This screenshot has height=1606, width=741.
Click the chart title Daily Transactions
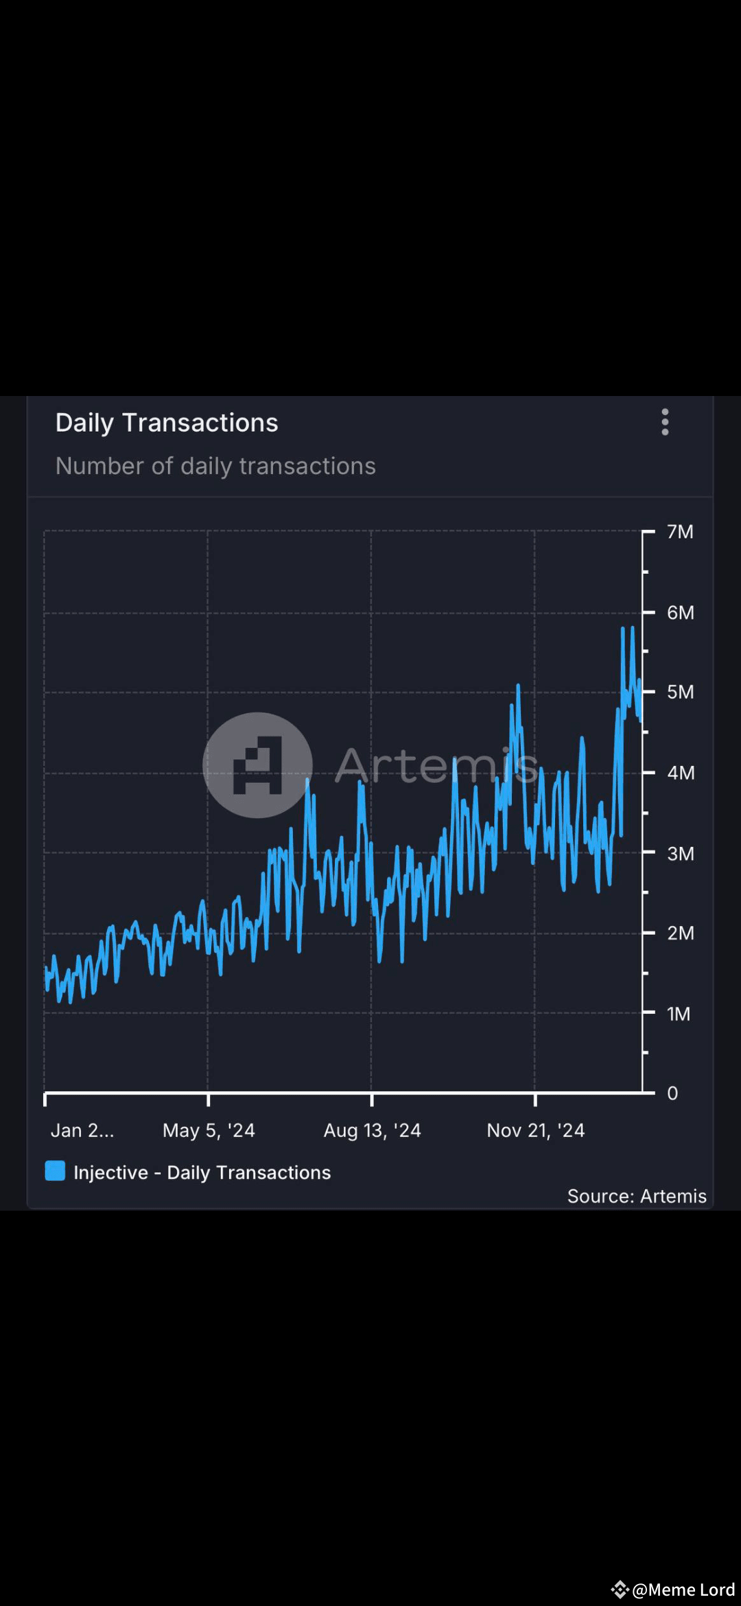click(x=167, y=423)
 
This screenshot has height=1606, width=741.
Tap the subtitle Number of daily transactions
click(x=215, y=466)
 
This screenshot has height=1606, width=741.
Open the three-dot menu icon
click(x=665, y=422)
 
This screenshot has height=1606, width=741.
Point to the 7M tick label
click(x=680, y=532)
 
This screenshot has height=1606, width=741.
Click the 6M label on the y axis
click(x=680, y=612)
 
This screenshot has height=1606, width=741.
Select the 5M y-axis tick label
click(x=680, y=692)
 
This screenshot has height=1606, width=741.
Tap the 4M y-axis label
click(x=680, y=773)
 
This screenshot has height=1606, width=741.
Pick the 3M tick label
click(x=680, y=853)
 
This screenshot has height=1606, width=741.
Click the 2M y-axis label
click(x=680, y=933)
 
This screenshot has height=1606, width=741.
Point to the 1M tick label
click(x=679, y=1014)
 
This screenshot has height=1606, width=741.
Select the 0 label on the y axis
click(x=672, y=1093)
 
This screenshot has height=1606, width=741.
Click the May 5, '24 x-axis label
click(x=209, y=1130)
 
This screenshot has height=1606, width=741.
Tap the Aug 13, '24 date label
click(x=372, y=1130)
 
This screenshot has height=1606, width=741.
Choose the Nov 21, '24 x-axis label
click(x=535, y=1130)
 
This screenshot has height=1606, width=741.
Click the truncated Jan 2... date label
click(x=82, y=1130)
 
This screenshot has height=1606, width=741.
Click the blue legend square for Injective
click(x=55, y=1171)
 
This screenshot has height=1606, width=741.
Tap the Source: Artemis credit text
click(x=636, y=1196)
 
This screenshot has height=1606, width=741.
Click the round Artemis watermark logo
click(x=257, y=765)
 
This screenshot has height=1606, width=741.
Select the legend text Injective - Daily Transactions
click(x=202, y=1172)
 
